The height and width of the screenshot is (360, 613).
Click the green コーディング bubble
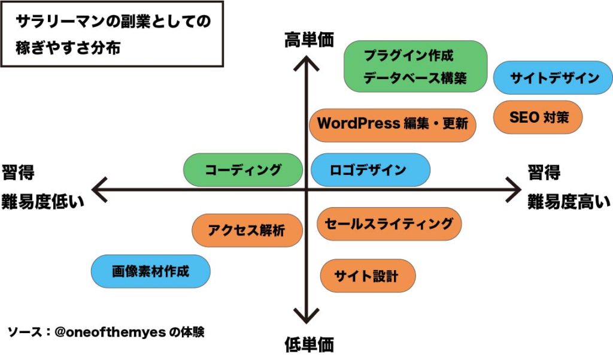[x=243, y=170]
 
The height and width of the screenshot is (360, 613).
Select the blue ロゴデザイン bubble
[x=371, y=170]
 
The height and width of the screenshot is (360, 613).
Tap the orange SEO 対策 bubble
[x=538, y=118]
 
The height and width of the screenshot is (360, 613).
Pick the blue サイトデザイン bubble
[x=553, y=78]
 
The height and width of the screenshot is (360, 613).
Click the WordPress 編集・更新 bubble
[x=393, y=125]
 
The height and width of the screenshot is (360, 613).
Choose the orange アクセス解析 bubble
[x=247, y=230]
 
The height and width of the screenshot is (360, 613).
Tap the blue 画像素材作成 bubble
[x=151, y=271]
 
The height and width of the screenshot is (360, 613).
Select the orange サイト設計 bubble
[x=368, y=276]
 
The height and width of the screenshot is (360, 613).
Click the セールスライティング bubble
[x=389, y=224]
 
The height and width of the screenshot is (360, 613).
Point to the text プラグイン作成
[x=409, y=57]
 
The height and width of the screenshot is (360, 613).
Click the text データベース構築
[x=415, y=78]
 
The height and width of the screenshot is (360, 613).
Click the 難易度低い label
[x=43, y=202]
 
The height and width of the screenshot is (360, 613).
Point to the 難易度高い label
[x=569, y=202]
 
